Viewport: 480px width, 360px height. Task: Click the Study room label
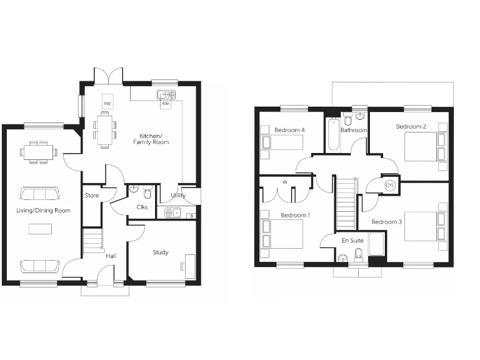(x=161, y=252)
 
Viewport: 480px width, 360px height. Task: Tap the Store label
(x=92, y=196)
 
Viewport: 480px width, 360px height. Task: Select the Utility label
(x=178, y=196)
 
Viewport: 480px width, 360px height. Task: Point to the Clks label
(x=142, y=207)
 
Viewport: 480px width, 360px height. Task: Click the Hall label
(x=110, y=255)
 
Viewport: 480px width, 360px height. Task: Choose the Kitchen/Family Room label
(x=151, y=139)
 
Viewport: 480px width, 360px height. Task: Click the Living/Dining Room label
(x=43, y=210)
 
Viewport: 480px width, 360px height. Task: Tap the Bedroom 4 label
(x=289, y=130)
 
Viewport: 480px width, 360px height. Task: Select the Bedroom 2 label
(x=411, y=126)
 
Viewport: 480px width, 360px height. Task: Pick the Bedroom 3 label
(x=387, y=222)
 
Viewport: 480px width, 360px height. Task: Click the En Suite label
(x=352, y=239)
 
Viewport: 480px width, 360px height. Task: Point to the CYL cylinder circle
(x=390, y=186)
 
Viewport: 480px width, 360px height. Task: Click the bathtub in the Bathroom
(x=333, y=134)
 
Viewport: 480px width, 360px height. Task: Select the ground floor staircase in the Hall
(x=92, y=241)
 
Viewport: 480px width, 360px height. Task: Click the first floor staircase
(x=346, y=204)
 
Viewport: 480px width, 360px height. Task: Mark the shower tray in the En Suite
(x=377, y=244)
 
